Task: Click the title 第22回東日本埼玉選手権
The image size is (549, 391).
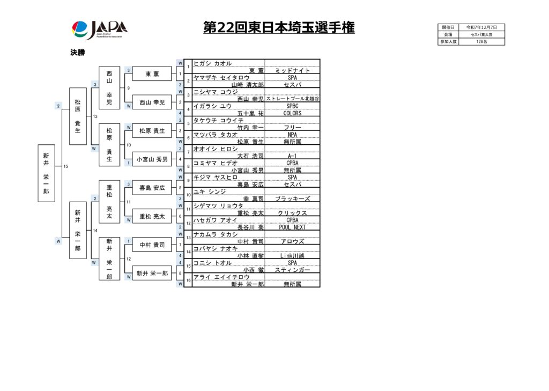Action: tap(279, 28)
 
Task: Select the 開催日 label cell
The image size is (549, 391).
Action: tap(448, 27)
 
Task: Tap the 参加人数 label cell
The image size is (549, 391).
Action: tap(448, 41)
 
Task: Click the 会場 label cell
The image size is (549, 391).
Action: tap(448, 34)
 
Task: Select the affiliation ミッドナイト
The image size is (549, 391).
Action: tap(292, 70)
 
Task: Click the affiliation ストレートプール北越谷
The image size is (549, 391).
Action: tap(292, 99)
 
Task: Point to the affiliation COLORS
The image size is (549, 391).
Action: tap(292, 113)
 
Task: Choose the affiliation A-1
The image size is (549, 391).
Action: tap(292, 156)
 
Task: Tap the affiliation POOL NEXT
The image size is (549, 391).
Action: tap(292, 227)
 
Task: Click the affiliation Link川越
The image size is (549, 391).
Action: tap(292, 255)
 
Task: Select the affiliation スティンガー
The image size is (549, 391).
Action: tap(292, 270)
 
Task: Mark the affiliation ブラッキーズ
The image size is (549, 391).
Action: tap(292, 198)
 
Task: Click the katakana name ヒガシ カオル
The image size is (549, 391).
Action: tap(213, 63)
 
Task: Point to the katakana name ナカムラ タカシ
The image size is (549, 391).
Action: tap(216, 234)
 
